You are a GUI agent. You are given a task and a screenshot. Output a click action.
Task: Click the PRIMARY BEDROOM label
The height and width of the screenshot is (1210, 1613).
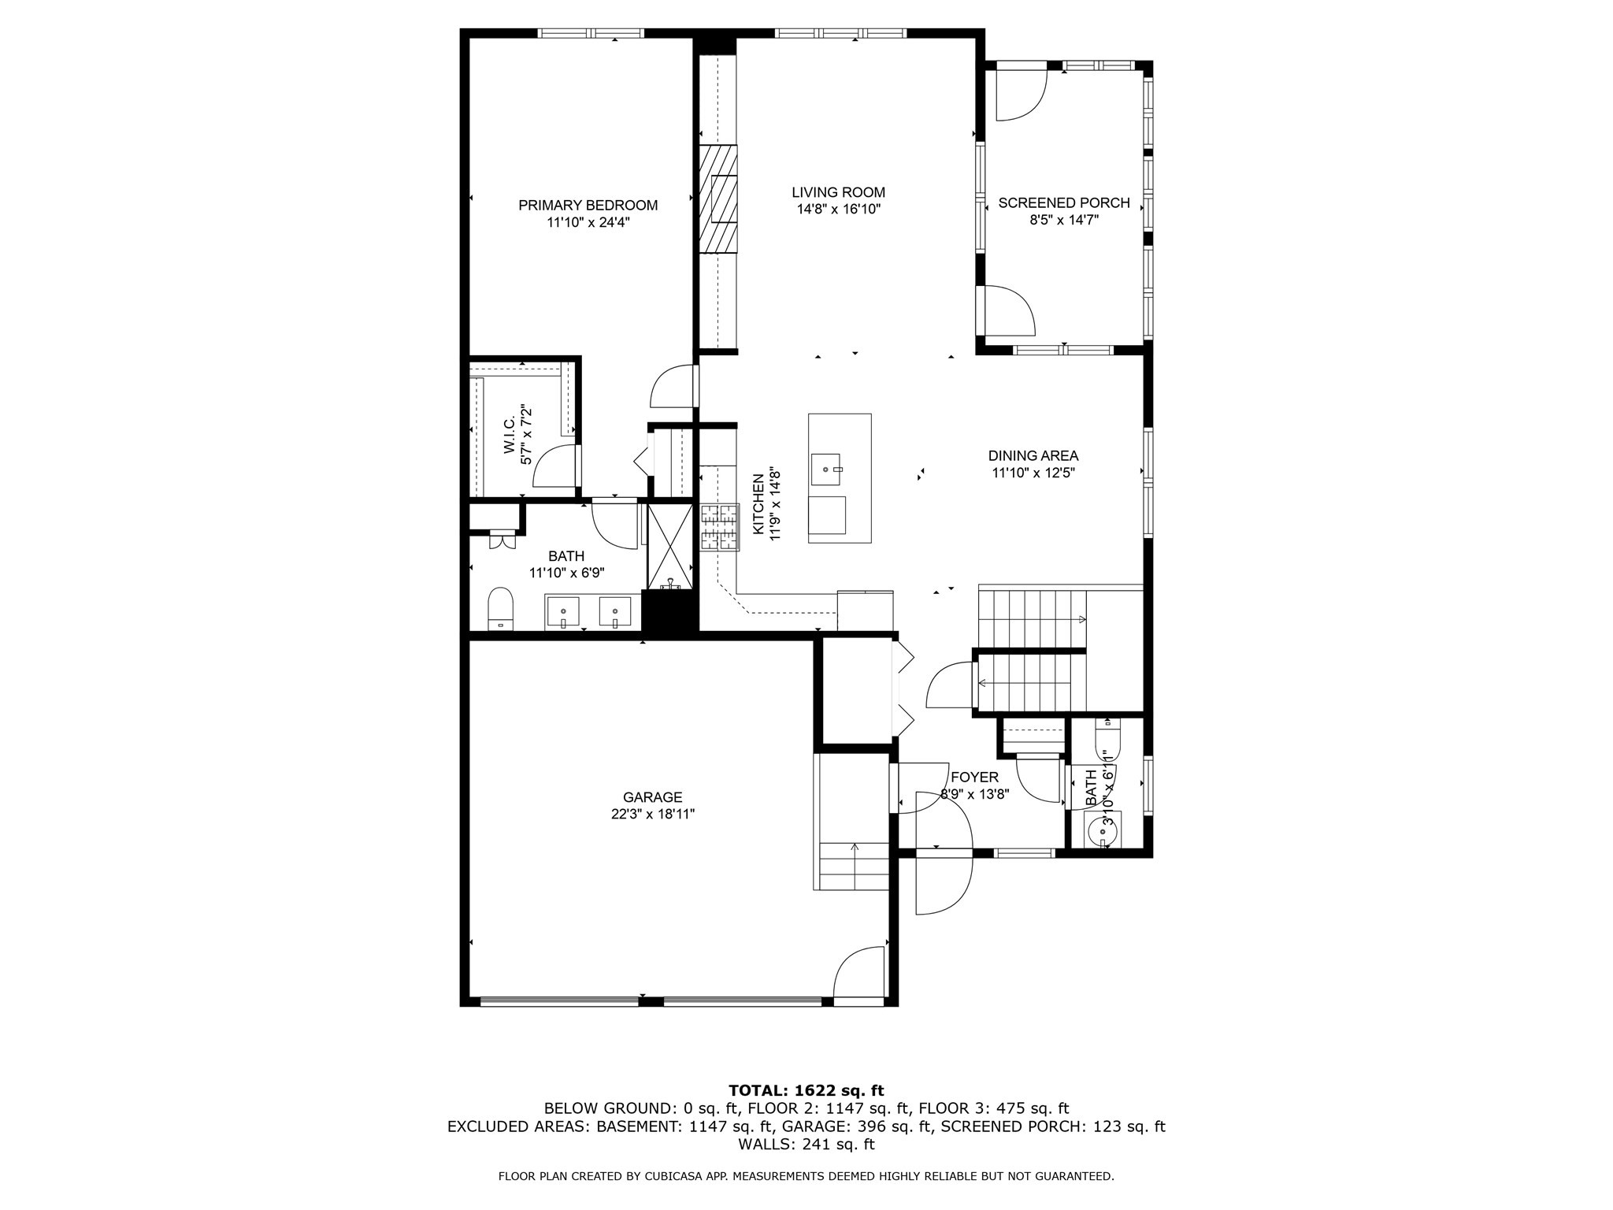click(x=588, y=206)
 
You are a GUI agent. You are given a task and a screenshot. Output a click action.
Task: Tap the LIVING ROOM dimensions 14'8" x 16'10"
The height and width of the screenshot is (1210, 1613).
click(x=838, y=210)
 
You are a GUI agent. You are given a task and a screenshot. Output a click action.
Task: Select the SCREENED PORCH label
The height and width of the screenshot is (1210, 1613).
click(x=1063, y=203)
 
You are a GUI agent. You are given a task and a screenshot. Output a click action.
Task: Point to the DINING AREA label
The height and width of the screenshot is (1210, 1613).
click(x=1033, y=456)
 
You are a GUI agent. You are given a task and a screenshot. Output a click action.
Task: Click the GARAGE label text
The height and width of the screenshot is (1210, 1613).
click(x=652, y=797)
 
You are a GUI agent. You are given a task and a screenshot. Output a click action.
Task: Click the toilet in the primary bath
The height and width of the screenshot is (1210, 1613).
click(x=500, y=608)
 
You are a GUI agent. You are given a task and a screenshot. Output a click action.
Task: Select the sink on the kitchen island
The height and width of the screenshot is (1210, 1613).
click(x=827, y=470)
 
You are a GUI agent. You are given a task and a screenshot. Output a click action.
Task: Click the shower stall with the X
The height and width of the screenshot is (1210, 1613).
click(x=669, y=546)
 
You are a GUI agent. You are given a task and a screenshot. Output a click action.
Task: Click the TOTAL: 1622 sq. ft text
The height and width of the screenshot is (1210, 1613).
click(x=806, y=1091)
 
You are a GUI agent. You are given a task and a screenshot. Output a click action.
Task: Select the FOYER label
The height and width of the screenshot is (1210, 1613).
click(x=974, y=778)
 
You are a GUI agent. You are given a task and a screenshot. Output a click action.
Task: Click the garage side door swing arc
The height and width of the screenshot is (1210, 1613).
click(x=858, y=974)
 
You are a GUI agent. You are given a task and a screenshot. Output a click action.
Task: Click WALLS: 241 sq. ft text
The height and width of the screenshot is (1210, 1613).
click(x=806, y=1145)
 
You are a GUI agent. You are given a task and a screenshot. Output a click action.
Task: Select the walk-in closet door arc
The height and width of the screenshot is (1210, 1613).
click(x=554, y=467)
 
